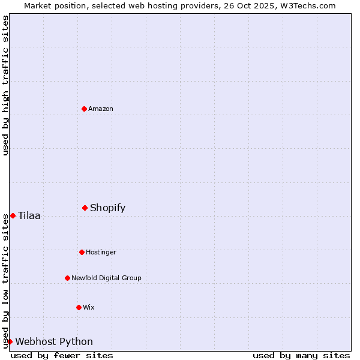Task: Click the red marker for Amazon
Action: tap(84, 109)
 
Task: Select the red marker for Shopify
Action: tap(85, 208)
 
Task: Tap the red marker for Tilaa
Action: tap(13, 215)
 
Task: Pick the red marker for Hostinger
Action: tap(82, 252)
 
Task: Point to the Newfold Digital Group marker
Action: tap(67, 278)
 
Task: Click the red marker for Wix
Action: tap(79, 307)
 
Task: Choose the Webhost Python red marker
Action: tap(10, 341)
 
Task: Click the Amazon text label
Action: tap(101, 109)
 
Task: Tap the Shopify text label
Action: tap(108, 208)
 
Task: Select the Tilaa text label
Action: tap(29, 216)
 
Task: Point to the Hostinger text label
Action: tap(101, 252)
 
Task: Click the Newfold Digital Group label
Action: tap(106, 278)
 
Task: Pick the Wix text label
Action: tap(89, 307)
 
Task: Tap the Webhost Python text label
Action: tap(54, 342)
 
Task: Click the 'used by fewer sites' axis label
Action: tap(62, 355)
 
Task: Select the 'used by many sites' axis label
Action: tap(301, 355)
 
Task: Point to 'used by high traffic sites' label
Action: tap(5, 85)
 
